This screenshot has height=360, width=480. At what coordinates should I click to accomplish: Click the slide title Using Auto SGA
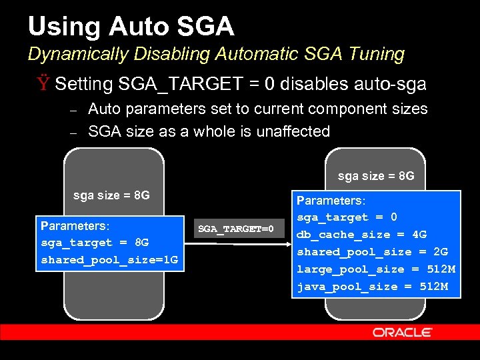(131, 26)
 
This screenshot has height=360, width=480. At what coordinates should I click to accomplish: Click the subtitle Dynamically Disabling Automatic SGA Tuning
(216, 54)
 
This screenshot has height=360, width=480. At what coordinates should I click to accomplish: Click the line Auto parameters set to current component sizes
(257, 109)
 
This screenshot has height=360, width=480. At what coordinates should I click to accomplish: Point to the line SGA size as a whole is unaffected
(209, 131)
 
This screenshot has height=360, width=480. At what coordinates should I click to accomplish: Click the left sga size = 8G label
(111, 195)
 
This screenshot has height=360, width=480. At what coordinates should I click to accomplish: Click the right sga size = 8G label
(376, 176)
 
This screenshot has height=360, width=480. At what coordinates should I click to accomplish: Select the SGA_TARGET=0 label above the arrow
(236, 229)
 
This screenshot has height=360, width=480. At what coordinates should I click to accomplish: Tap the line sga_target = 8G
(95, 242)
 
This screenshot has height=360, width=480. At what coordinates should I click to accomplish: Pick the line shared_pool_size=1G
(109, 259)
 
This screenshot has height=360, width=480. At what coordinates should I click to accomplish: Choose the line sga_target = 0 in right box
(347, 217)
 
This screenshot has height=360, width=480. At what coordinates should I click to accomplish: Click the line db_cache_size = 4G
(361, 235)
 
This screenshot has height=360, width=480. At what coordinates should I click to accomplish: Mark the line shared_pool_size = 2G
(372, 252)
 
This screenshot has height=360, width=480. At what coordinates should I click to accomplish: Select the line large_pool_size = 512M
(376, 269)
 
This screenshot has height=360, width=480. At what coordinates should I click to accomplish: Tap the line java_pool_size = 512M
(372, 287)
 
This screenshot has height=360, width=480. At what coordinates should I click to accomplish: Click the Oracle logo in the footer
(403, 332)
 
